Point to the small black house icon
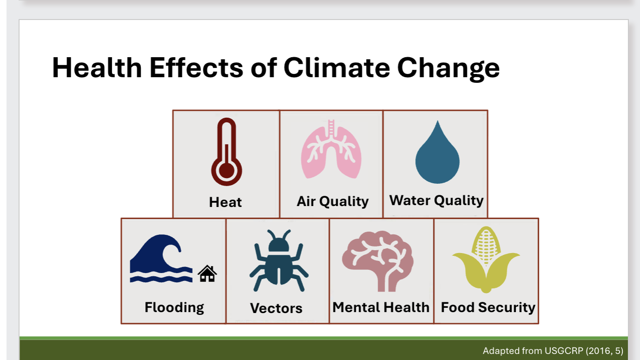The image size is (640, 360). [207, 274]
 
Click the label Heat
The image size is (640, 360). [226, 202]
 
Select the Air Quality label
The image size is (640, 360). [333, 201]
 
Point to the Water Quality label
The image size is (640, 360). [436, 200]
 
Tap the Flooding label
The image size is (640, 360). [174, 307]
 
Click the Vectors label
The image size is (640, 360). [276, 308]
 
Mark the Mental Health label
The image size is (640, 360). [381, 307]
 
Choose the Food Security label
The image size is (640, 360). [488, 307]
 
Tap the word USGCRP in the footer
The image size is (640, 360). [560, 351]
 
